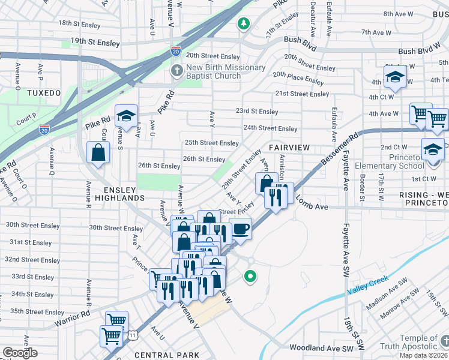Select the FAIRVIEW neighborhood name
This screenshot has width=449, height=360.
pyautogui.click(x=289, y=148)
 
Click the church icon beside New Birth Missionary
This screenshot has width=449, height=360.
pyautogui.click(x=176, y=71)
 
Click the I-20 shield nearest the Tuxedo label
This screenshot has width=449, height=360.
pyautogui.click(x=44, y=128)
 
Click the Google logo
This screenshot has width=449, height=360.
pyautogui.click(x=20, y=353)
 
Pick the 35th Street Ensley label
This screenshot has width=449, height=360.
pyautogui.click(x=37, y=312)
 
